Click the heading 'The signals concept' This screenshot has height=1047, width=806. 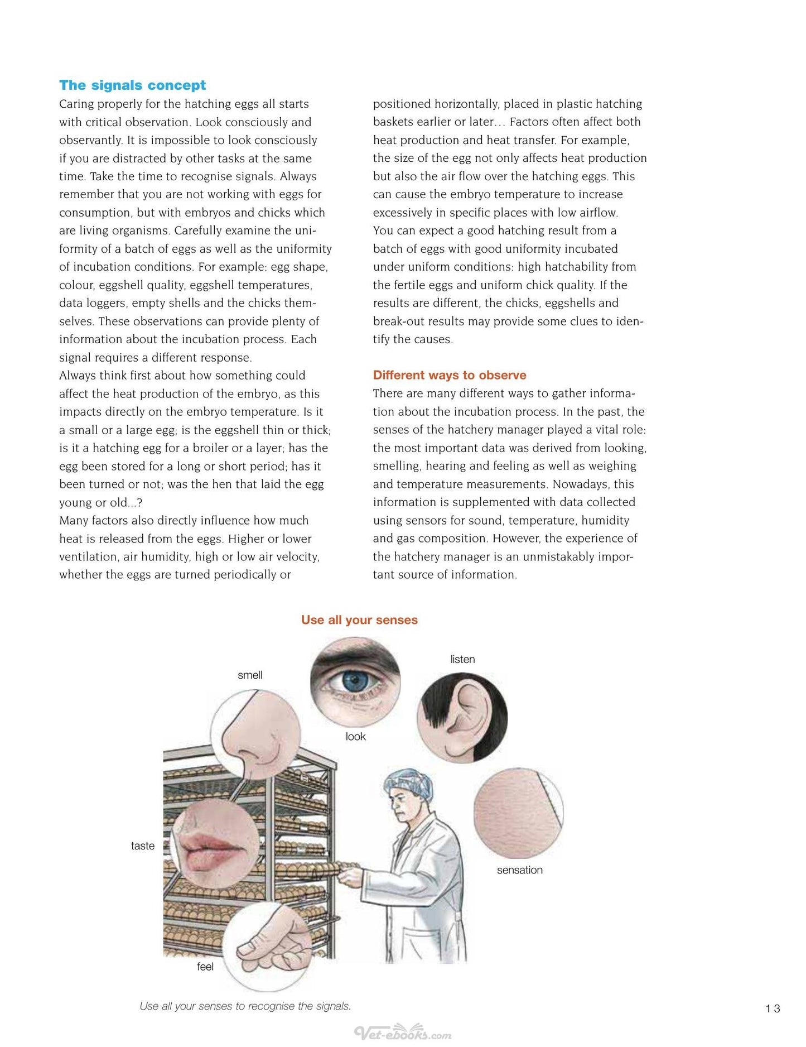click(x=132, y=85)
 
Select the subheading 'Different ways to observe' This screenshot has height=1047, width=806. click(x=450, y=375)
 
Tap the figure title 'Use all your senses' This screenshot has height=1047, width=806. click(x=359, y=620)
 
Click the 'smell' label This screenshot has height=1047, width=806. click(x=250, y=675)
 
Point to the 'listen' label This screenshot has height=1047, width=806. click(x=462, y=660)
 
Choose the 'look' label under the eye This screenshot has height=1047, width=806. click(x=355, y=737)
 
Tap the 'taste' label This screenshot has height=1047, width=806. click(x=143, y=846)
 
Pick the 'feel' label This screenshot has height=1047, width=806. click(x=205, y=967)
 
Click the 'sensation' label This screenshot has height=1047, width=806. click(x=519, y=870)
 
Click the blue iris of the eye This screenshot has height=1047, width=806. click(x=353, y=681)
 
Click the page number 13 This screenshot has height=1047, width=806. click(x=773, y=1008)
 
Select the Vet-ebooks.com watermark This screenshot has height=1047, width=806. click(x=403, y=1034)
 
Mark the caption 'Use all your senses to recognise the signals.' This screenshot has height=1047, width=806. click(x=245, y=1006)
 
